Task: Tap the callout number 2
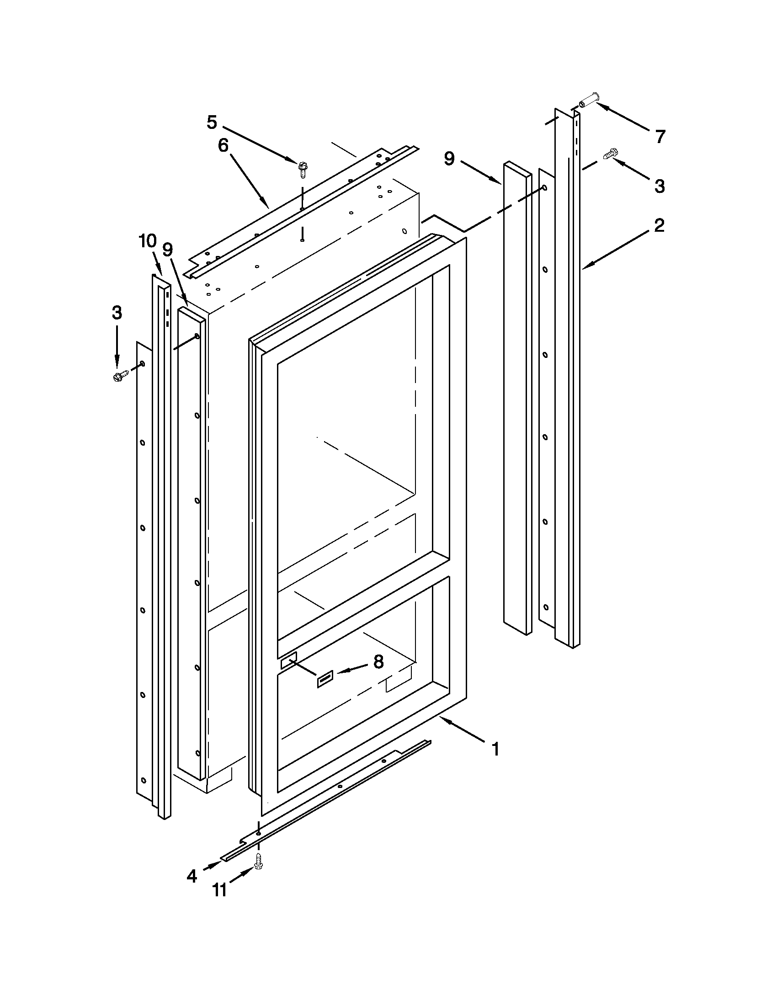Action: (659, 225)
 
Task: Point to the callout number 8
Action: (378, 662)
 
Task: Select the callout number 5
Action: (212, 122)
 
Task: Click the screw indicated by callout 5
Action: (303, 169)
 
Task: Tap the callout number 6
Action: (223, 145)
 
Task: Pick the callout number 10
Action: (148, 241)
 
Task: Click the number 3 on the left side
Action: (117, 313)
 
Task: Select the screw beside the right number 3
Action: (610, 154)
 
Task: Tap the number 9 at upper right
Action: (449, 159)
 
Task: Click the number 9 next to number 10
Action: (168, 250)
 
